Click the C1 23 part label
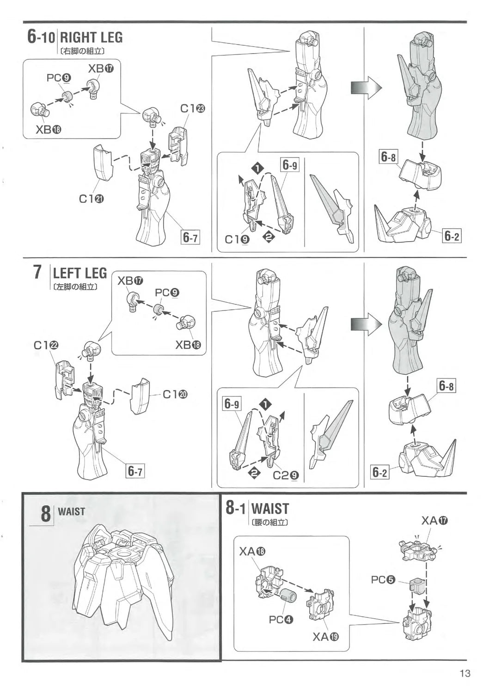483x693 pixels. pyautogui.click(x=193, y=109)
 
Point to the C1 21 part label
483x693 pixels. pyautogui.click(x=91, y=199)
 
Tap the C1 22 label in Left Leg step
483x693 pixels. pyautogui.click(x=47, y=346)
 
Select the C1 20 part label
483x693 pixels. pyautogui.click(x=175, y=395)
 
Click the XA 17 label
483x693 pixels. pyautogui.click(x=434, y=521)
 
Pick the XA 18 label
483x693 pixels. pyautogui.click(x=252, y=551)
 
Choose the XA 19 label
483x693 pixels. pyautogui.click(x=325, y=637)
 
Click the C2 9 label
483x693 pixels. pyautogui.click(x=286, y=475)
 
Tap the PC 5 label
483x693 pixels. pyautogui.click(x=383, y=580)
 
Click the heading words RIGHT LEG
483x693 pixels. pyautogui.click(x=91, y=38)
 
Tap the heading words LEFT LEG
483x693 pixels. pyautogui.click(x=80, y=273)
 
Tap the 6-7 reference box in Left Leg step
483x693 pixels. pyautogui.click(x=135, y=471)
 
